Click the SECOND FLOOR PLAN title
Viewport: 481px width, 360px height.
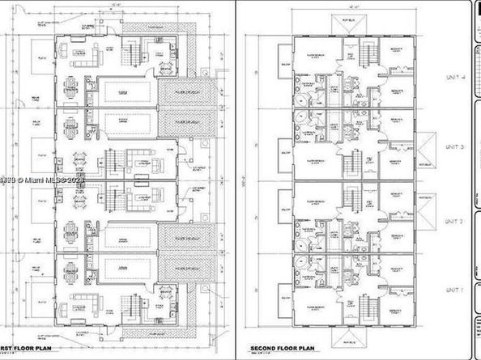283,349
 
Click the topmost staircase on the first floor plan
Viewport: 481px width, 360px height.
129,53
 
